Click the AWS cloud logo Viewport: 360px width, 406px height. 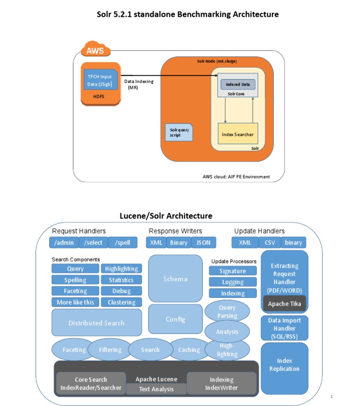[x=96, y=50]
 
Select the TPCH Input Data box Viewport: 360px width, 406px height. [x=99, y=81]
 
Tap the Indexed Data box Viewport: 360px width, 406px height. [x=238, y=84]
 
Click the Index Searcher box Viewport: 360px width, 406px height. [x=238, y=134]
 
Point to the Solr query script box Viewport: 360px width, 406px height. [x=178, y=132]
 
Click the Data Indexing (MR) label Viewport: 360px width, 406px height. [x=138, y=84]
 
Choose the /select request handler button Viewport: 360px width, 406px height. [x=93, y=242]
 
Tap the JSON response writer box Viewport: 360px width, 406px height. [x=203, y=242]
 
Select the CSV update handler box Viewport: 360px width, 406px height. [x=270, y=242]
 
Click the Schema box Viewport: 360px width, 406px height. [x=175, y=279]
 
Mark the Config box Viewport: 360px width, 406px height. [x=175, y=319]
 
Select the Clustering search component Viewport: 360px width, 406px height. [x=121, y=302]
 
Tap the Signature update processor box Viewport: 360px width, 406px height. [x=232, y=271]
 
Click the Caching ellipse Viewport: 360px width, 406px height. [x=189, y=350]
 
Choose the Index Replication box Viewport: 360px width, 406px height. [x=284, y=365]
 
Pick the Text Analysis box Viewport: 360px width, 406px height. [x=156, y=389]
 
